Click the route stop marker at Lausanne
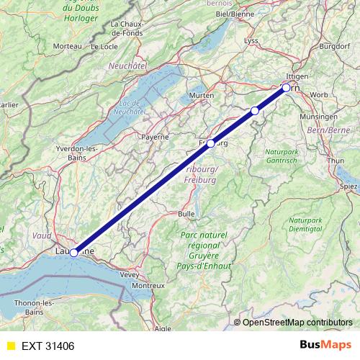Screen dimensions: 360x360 73,253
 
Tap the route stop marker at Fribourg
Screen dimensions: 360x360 210,143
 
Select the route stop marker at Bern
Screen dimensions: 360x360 286,88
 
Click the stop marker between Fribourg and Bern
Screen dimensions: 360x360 254,110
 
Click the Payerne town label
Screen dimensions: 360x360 155,136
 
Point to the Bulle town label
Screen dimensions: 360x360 186,214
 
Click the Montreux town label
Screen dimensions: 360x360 148,286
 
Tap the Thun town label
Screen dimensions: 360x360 336,161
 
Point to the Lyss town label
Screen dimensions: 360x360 251,40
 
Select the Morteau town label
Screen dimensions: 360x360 67,46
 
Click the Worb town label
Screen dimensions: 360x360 318,95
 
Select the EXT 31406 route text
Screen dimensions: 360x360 48,346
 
